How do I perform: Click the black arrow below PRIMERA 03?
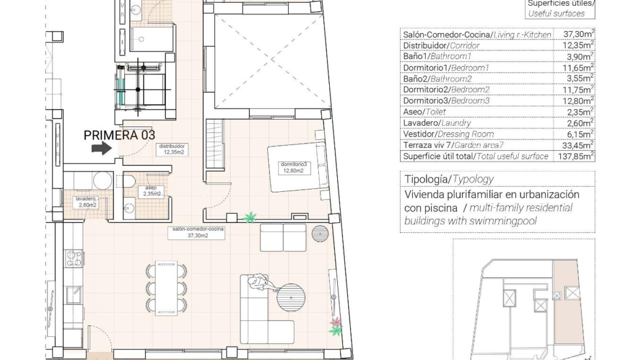[x=102, y=148]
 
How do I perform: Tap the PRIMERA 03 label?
[x=120, y=135]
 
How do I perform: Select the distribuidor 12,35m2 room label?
[x=172, y=149]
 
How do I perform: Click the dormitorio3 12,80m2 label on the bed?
[x=293, y=168]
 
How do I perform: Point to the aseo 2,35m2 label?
[x=152, y=191]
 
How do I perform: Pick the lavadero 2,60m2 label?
[x=86, y=202]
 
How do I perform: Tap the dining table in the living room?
[x=166, y=288]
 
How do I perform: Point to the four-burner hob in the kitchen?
[x=74, y=259]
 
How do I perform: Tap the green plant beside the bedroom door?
[x=250, y=217]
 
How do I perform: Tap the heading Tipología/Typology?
[x=449, y=179]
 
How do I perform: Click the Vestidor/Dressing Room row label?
[x=448, y=134]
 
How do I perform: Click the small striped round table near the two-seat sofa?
[x=320, y=233]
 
